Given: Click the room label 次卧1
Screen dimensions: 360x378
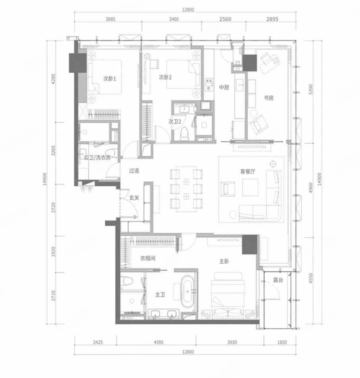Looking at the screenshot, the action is click(x=110, y=79).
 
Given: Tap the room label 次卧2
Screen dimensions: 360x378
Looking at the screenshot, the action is click(x=165, y=78).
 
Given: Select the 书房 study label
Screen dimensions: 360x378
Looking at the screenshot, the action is click(x=269, y=98).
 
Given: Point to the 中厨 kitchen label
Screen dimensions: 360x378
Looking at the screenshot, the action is click(x=224, y=87).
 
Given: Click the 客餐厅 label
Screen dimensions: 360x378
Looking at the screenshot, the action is click(x=248, y=171).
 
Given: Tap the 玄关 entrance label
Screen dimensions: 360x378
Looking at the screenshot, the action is click(x=134, y=198).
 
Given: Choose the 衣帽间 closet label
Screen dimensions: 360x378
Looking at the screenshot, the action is click(x=148, y=258).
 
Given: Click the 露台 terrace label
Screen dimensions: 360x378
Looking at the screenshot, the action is click(x=278, y=280).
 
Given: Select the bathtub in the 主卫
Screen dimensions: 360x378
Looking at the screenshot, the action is click(x=188, y=291).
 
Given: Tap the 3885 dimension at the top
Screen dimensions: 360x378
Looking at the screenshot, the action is click(x=110, y=19).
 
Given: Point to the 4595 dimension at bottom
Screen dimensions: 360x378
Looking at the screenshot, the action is click(x=159, y=342).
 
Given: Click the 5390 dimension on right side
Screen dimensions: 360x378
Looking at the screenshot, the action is click(x=311, y=89).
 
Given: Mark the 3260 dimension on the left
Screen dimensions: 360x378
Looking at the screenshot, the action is click(x=53, y=151).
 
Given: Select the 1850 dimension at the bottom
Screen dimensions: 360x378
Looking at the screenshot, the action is click(x=282, y=342).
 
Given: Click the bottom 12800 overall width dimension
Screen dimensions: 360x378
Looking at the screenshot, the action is click(x=188, y=352).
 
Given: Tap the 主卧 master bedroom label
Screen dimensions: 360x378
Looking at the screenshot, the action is click(x=224, y=261).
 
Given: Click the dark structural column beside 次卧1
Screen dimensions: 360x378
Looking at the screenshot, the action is click(x=78, y=63).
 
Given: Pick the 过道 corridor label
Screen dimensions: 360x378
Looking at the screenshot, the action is click(x=134, y=171).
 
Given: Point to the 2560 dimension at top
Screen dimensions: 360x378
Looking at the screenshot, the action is click(x=225, y=19).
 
